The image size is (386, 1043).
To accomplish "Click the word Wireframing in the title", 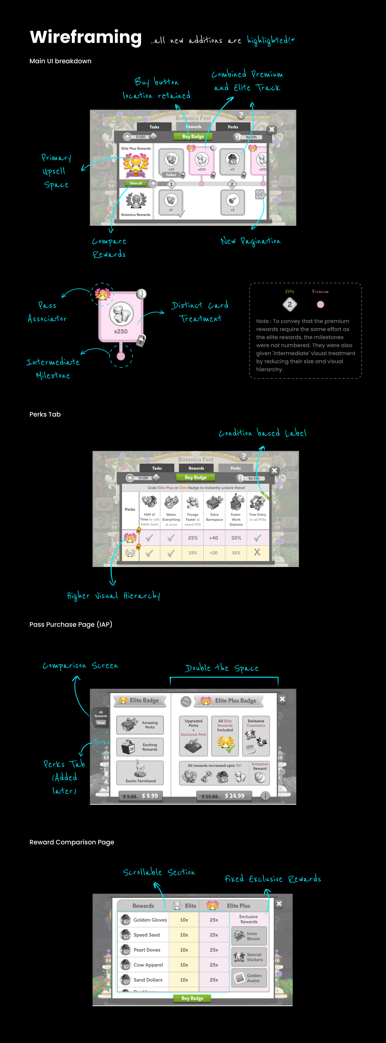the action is (x=86, y=37).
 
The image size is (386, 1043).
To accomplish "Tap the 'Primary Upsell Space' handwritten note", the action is (x=56, y=171).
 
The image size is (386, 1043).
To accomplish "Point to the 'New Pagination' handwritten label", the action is (x=250, y=241).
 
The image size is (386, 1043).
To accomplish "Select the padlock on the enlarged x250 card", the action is (x=140, y=340).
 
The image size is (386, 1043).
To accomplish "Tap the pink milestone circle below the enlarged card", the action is (x=121, y=356).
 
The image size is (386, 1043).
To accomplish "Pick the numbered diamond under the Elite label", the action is (x=289, y=305).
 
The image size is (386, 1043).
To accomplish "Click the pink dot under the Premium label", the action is (x=320, y=305).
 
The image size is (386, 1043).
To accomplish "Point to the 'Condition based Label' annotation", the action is (x=262, y=433).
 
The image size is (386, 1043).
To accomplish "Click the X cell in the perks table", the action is (x=257, y=552).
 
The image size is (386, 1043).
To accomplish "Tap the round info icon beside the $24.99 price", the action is (x=265, y=796).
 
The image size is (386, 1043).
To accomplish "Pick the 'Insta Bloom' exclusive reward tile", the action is (x=249, y=936).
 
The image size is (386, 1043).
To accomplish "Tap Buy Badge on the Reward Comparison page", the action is (x=192, y=998).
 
